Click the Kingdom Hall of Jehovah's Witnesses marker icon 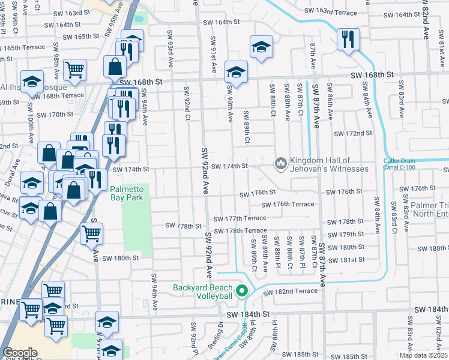click(x=280, y=163)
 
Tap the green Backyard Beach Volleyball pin click(x=243, y=292)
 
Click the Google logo click(x=20, y=353)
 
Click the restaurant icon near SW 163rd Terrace click(x=348, y=40)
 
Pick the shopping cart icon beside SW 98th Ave click(x=74, y=69)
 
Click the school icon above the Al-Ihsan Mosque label click(x=32, y=80)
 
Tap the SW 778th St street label click(x=184, y=226)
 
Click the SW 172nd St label click(x=353, y=133)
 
